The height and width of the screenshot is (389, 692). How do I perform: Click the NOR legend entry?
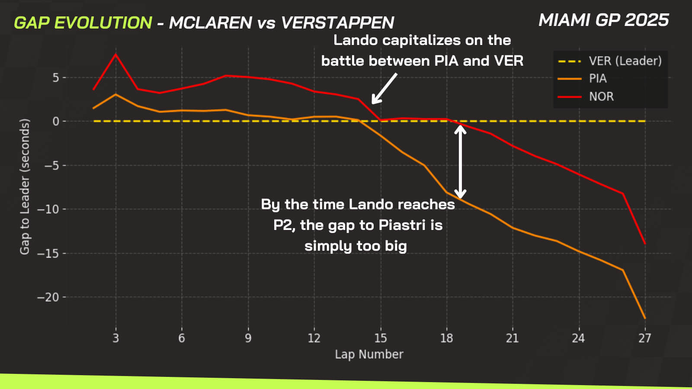pyautogui.click(x=601, y=96)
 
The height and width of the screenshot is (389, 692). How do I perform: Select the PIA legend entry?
pyautogui.click(x=597, y=79)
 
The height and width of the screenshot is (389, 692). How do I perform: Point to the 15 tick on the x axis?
pyautogui.click(x=380, y=338)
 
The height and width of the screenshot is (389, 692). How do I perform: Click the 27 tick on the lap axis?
pyautogui.click(x=644, y=338)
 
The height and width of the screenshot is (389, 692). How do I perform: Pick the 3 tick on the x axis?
pyautogui.click(x=115, y=338)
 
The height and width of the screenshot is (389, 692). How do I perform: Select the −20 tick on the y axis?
pyautogui.click(x=48, y=297)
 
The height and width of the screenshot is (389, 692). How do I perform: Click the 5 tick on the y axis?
pyautogui.click(x=56, y=78)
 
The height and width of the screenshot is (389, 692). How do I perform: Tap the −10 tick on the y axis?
pyautogui.click(x=48, y=209)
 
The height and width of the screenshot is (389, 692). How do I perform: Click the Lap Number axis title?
pyautogui.click(x=369, y=354)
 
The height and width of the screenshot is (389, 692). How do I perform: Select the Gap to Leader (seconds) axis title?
pyautogui.click(x=25, y=186)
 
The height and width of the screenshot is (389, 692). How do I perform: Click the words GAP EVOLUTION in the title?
pyautogui.click(x=83, y=23)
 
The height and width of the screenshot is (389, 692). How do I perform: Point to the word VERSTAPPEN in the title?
pyautogui.click(x=337, y=23)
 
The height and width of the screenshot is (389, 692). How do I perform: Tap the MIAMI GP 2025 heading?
pyautogui.click(x=603, y=20)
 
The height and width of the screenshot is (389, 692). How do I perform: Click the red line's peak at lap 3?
pyautogui.click(x=115, y=54)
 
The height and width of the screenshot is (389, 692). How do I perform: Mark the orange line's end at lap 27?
pyautogui.click(x=645, y=318)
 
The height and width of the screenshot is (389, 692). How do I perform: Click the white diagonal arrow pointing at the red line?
pyautogui.click(x=384, y=88)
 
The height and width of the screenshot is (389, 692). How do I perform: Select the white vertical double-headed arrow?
pyautogui.click(x=460, y=161)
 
